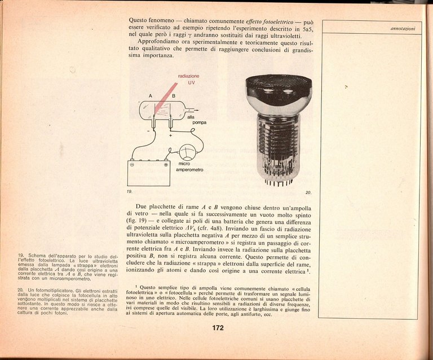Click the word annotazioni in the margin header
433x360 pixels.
click(403, 28)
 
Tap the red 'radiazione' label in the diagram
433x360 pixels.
click(188, 76)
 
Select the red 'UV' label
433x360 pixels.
click(191, 83)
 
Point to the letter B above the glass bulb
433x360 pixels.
click(173, 96)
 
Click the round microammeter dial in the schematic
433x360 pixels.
click(187, 152)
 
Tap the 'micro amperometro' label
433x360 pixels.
click(190, 166)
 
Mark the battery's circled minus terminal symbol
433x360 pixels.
click(132, 165)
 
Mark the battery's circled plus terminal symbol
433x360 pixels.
click(166, 165)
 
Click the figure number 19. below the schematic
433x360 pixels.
click(130, 192)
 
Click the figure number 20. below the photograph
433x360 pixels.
click(308, 192)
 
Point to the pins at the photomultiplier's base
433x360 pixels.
click(278, 182)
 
